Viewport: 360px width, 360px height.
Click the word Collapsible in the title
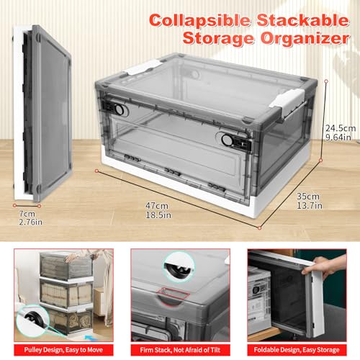coord(199,21)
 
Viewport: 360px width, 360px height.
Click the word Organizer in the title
coord(305,38)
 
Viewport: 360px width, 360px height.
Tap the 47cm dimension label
coord(157,206)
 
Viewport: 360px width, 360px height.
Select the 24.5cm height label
coord(341,128)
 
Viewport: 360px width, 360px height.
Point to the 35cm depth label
coord(308,197)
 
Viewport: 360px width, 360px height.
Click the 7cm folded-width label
coord(27,214)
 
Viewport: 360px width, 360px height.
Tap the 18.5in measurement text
coord(158,215)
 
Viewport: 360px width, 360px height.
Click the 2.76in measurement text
coord(31,222)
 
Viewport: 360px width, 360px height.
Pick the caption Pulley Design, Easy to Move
coord(63,350)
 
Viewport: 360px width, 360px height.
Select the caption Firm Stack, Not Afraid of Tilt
coord(180,350)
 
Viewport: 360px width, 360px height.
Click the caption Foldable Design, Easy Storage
coord(297,350)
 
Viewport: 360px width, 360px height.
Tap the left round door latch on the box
coord(119,109)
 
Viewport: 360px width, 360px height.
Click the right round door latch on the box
coord(227,140)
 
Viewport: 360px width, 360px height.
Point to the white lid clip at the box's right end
coord(287,102)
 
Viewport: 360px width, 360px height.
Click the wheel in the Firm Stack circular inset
coord(179,269)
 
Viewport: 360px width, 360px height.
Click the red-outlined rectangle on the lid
coord(173,294)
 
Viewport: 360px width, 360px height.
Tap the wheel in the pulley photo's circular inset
coord(34,318)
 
